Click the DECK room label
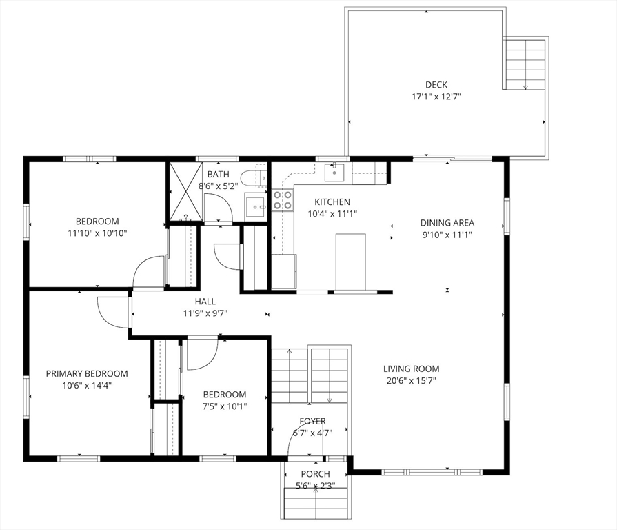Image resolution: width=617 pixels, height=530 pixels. pyautogui.click(x=436, y=85)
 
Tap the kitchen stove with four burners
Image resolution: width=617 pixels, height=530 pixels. pyautogui.click(x=283, y=200)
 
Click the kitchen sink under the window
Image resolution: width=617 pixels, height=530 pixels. pyautogui.click(x=334, y=172)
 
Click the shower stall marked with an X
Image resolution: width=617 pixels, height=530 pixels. pyautogui.click(x=186, y=192)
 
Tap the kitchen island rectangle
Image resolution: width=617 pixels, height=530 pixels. pyautogui.click(x=351, y=262)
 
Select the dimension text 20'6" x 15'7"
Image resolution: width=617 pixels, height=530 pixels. pyautogui.click(x=411, y=381)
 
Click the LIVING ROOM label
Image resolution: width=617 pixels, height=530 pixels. pyautogui.click(x=411, y=369)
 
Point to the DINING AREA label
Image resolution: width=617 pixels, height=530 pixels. pyautogui.click(x=447, y=223)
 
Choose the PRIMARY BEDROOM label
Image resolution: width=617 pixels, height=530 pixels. pyautogui.click(x=87, y=373)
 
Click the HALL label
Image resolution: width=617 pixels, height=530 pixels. pyautogui.click(x=205, y=302)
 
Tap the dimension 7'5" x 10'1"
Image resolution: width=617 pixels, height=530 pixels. pyautogui.click(x=225, y=406)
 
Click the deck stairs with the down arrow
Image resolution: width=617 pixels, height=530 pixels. pyautogui.click(x=525, y=64)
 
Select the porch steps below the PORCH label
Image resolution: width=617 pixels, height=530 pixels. pyautogui.click(x=316, y=503)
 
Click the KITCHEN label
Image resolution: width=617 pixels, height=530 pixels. pyautogui.click(x=332, y=202)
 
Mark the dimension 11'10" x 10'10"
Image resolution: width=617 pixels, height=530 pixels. pyautogui.click(x=98, y=233)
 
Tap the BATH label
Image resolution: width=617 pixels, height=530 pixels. pyautogui.click(x=218, y=174)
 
